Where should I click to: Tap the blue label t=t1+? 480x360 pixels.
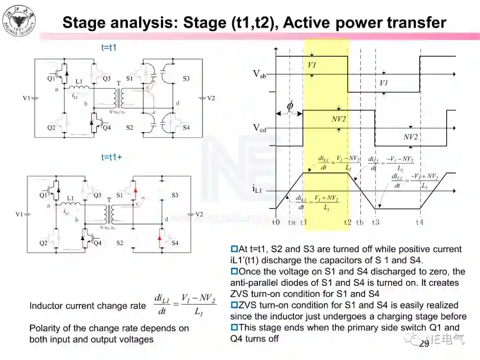tap(112, 157)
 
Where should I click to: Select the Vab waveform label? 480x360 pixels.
tap(260, 74)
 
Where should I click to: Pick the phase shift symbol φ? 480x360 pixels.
tap(290, 106)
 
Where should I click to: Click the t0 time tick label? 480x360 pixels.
tap(276, 222)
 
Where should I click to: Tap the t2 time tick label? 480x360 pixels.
tap(348, 222)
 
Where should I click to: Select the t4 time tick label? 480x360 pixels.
tap(419, 222)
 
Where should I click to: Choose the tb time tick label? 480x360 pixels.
tap(360, 222)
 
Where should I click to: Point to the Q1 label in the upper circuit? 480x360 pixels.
tap(52, 79)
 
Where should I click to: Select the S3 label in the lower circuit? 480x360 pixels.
tap(175, 195)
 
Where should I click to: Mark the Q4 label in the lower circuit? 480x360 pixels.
tap(97, 243)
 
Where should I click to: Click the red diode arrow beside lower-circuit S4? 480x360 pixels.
tap(160, 240)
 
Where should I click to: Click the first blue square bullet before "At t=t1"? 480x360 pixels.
tap(234, 249)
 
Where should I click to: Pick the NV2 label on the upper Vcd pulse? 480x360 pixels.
tap(339, 119)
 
